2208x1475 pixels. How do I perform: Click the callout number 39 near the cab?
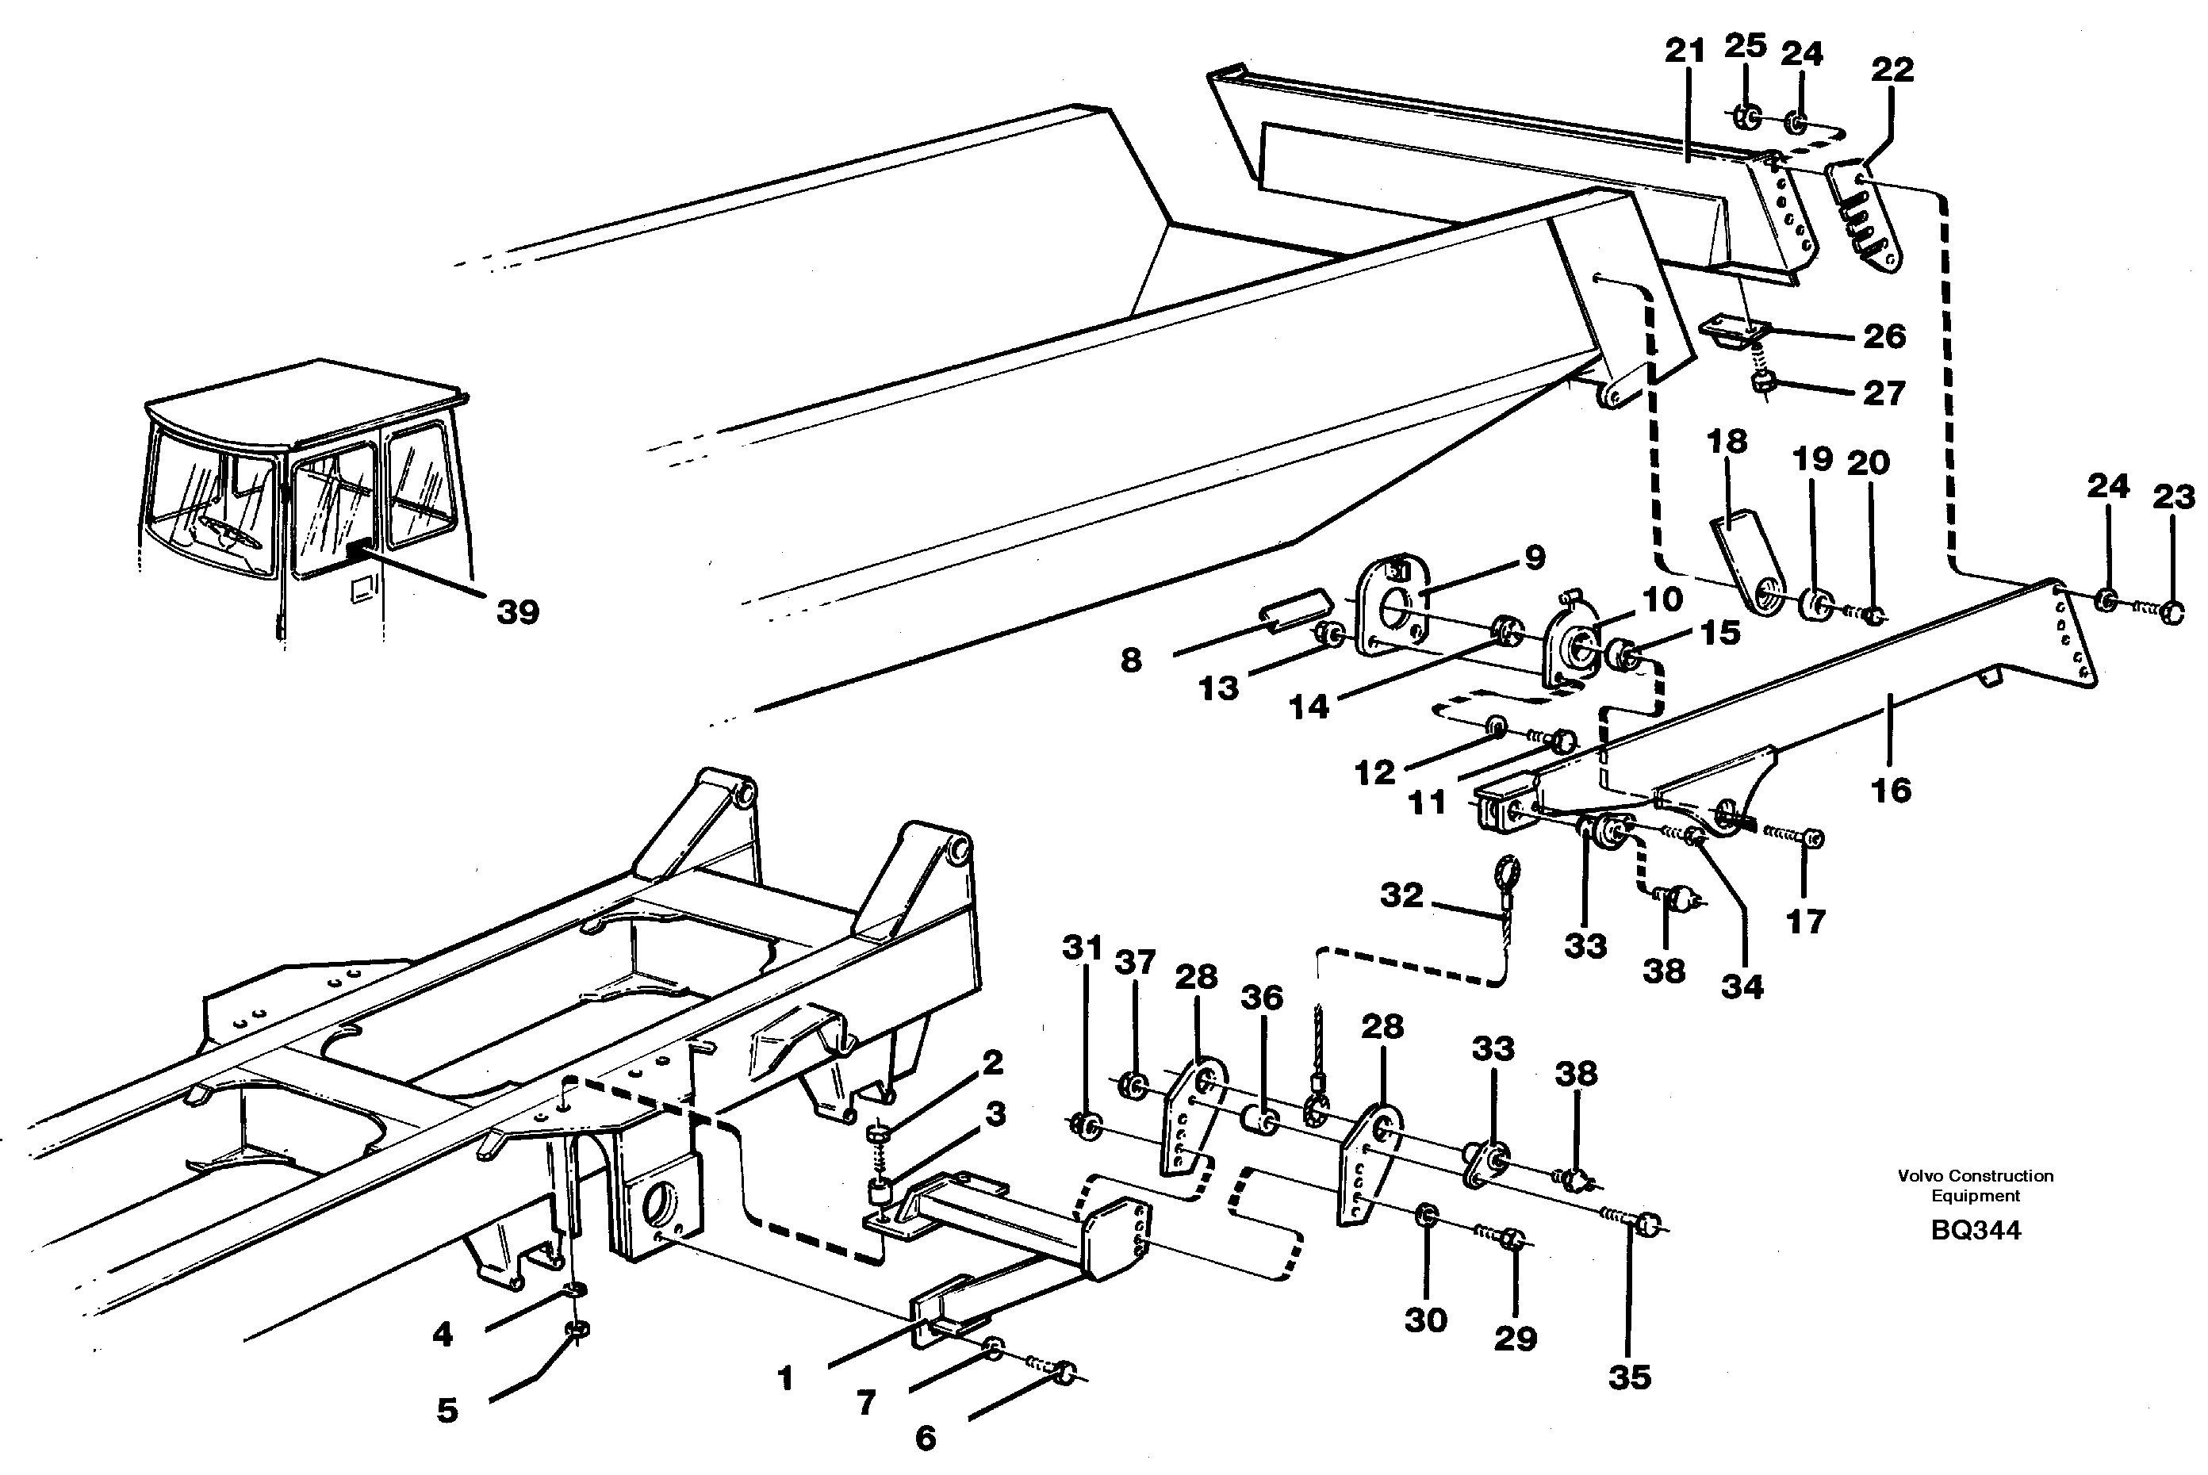[517, 612]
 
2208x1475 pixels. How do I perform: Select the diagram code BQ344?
[1975, 1231]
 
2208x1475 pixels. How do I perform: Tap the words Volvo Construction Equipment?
[1975, 1186]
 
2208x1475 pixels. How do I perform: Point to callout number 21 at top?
[1684, 51]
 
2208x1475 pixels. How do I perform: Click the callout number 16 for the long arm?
[1891, 790]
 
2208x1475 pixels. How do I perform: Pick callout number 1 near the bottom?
[787, 1379]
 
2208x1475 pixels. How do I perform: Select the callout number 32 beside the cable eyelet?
[1401, 895]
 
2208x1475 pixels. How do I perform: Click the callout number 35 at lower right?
[1629, 1377]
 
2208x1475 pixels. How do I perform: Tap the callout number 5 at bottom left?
[447, 1410]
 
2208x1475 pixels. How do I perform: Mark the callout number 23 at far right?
[2173, 496]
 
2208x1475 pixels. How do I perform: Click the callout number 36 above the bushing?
[1261, 997]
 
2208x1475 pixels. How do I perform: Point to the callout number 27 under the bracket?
[1884, 393]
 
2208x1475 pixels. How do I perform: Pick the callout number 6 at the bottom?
[926, 1438]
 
